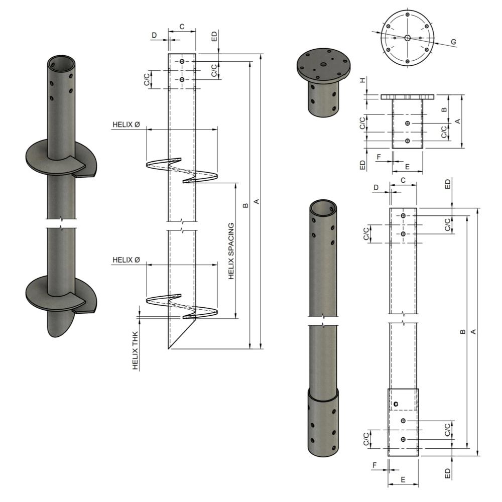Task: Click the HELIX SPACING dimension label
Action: [x=232, y=251]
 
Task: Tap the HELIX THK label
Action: [x=136, y=350]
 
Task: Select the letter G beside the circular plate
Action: [x=453, y=42]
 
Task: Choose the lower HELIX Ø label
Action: [x=126, y=260]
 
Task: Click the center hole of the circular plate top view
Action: [x=407, y=38]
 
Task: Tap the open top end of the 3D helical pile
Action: [x=61, y=64]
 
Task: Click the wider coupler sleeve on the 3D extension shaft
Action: [x=323, y=422]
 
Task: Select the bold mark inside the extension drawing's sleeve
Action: [x=396, y=404]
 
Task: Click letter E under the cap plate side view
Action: [x=407, y=166]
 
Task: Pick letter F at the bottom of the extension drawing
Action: [x=374, y=465]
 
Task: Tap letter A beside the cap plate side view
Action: [x=457, y=121]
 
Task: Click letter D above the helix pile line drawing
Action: [x=155, y=35]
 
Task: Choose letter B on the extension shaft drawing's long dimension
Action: [x=462, y=332]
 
